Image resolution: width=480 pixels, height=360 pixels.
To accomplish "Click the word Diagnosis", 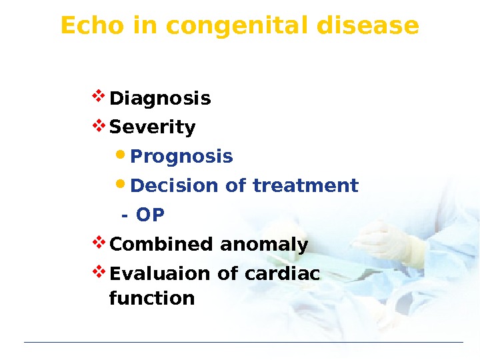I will tap(160, 99).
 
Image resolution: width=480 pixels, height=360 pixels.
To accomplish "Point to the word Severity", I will tap(152, 127).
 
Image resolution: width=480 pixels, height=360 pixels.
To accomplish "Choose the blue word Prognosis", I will tap(181, 157).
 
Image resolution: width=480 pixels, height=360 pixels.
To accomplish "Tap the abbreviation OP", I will tap(150, 215).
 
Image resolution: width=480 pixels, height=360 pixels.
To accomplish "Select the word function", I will tap(152, 298).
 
